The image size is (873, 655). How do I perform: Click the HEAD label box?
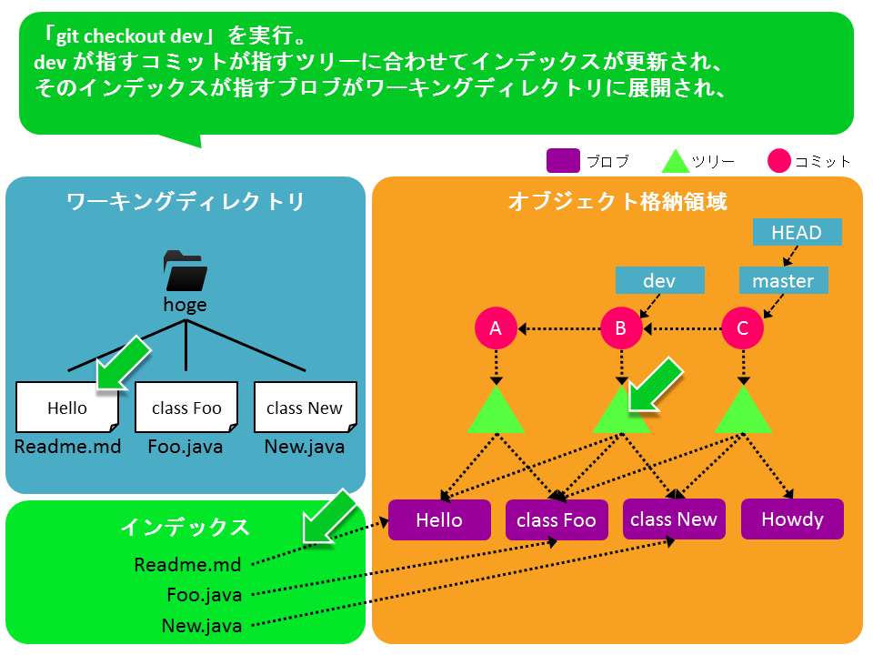(797, 232)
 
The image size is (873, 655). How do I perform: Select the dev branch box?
(660, 280)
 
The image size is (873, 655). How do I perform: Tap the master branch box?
(783, 280)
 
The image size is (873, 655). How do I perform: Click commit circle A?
(496, 328)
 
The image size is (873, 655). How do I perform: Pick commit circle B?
(621, 328)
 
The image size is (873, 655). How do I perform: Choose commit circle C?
(743, 328)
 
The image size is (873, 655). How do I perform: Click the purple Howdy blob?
(792, 519)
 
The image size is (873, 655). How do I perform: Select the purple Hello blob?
(439, 519)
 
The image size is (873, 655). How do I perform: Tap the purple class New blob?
(674, 519)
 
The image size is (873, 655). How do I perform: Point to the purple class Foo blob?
(557, 519)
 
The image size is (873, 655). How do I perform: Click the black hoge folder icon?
(186, 271)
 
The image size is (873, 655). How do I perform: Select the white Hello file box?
(67, 408)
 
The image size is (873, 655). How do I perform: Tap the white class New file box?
(306, 408)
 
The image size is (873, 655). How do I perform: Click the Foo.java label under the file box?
(186, 447)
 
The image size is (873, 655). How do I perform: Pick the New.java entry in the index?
(202, 626)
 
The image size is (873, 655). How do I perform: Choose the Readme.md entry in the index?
(187, 565)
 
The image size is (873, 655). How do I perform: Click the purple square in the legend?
(563, 160)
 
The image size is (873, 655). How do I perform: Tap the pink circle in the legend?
(779, 160)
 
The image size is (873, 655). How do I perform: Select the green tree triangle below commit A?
(496, 410)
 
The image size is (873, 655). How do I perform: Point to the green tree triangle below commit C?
(743, 410)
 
